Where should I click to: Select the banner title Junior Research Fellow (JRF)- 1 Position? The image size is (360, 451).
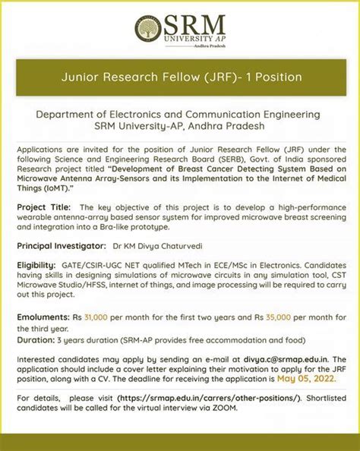coord(180,77)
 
